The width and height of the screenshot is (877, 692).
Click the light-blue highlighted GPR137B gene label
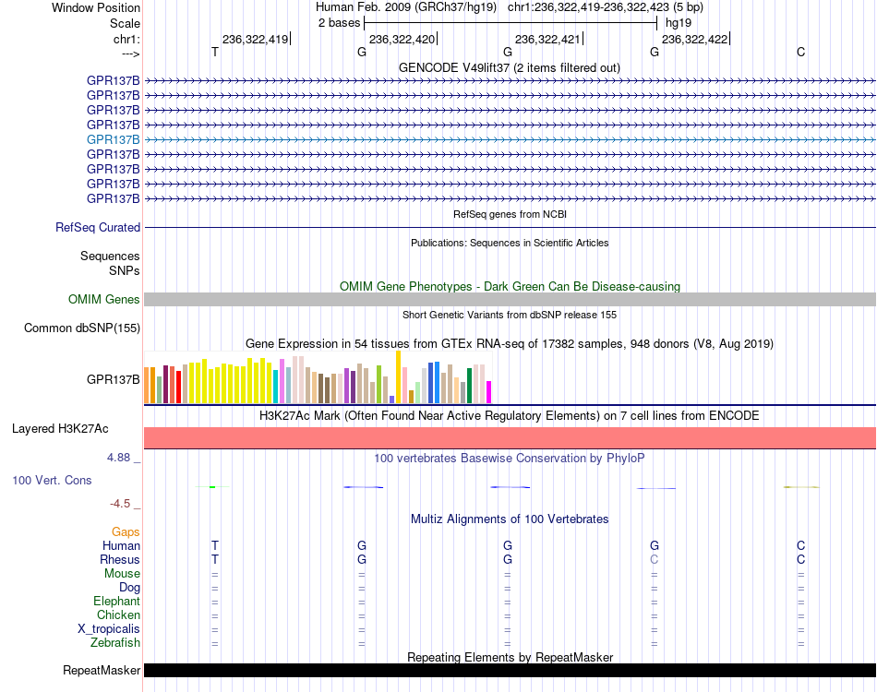tap(113, 139)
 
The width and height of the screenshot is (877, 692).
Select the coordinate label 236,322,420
tap(402, 39)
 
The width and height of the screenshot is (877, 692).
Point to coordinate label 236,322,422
tap(694, 39)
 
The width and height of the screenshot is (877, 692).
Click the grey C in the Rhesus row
tap(655, 559)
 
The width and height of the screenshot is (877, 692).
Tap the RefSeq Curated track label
tap(98, 228)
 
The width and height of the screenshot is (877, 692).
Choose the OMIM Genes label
tap(104, 299)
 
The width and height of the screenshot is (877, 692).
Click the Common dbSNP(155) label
tap(82, 328)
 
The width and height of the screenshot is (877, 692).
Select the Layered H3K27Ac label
tap(60, 429)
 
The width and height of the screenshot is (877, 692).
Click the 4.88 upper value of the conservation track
tap(118, 458)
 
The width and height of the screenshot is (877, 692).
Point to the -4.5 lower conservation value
tap(120, 504)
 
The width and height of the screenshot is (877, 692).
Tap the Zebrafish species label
tap(115, 643)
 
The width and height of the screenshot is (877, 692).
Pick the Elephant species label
tap(117, 601)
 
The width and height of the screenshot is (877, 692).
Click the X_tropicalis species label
tap(109, 629)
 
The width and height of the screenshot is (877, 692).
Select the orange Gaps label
tap(126, 532)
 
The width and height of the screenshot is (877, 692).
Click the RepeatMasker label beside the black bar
tap(102, 670)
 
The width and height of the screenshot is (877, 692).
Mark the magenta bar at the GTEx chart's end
tap(489, 392)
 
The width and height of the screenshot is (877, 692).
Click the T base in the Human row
tap(215, 545)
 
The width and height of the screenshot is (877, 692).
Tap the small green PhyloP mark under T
tap(212, 487)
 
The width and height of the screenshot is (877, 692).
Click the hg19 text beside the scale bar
tap(679, 23)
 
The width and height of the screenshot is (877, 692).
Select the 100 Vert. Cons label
tap(52, 480)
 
